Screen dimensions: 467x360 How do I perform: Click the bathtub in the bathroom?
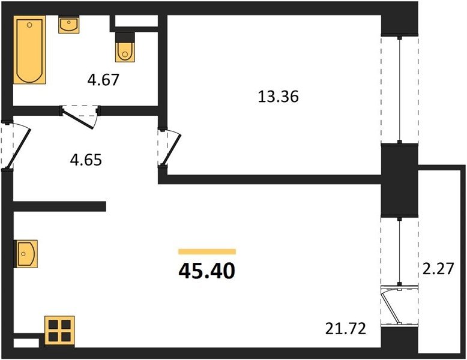tap(29, 50)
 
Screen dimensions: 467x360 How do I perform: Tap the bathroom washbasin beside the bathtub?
tap(69, 25)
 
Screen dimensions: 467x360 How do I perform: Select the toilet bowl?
tap(125, 52)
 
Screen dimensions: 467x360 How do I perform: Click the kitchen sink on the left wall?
tap(26, 254)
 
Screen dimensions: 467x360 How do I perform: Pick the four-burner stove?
tap(59, 331)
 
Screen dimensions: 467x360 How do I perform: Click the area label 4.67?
tap(103, 80)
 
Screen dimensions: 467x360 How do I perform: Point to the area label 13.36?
tap(278, 97)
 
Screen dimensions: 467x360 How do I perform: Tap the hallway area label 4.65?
tap(86, 160)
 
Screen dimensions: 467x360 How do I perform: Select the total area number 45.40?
tap(207, 271)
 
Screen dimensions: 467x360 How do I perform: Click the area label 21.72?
tap(346, 329)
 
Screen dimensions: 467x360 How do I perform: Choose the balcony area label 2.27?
tap(438, 268)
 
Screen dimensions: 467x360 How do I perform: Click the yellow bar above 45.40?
tap(207, 251)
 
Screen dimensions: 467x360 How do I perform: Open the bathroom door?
tap(80, 117)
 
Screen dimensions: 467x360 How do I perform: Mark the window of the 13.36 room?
tap(399, 89)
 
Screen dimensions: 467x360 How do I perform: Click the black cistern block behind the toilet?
tap(125, 37)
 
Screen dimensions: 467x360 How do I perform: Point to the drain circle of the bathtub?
tap(29, 25)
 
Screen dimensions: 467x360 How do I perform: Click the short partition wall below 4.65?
tap(59, 206)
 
